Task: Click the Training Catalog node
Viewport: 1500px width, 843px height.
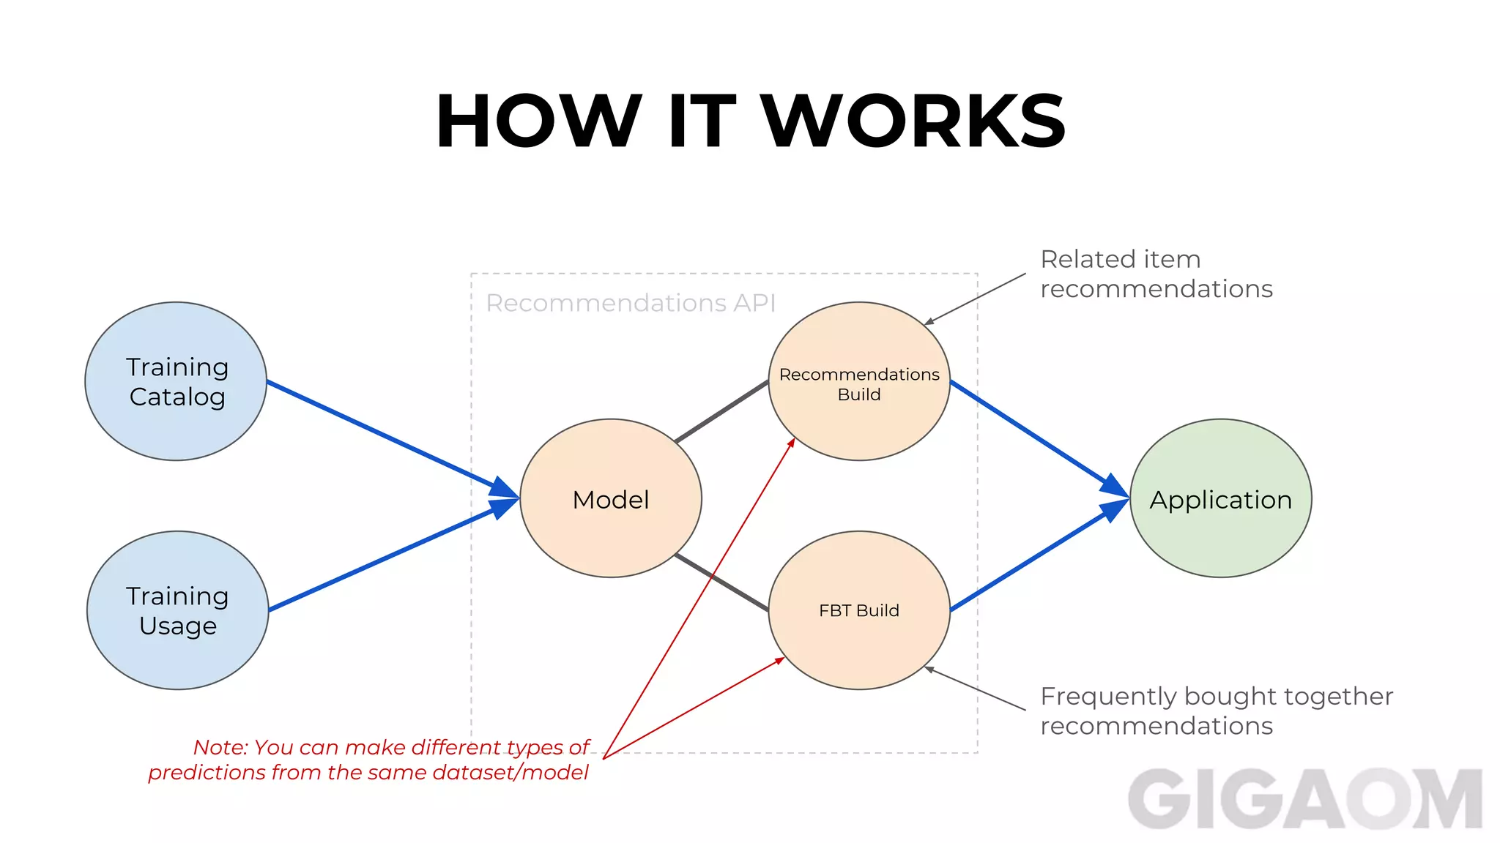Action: coord(176,381)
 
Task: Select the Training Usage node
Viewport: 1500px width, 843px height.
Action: coord(177,610)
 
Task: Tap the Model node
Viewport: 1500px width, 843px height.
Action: coord(611,499)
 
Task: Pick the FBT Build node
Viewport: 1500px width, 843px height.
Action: coord(859,610)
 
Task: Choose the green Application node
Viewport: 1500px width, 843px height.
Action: coord(1220,499)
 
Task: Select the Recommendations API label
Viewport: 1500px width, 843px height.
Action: coord(630,303)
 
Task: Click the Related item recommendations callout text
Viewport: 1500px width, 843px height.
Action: coord(1156,274)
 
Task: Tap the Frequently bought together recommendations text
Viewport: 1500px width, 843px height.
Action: coord(1216,711)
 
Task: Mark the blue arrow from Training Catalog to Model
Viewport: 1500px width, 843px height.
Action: coord(381,433)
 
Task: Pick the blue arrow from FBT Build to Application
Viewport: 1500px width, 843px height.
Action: coord(1033,559)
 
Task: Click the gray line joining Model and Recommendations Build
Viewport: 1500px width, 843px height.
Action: coord(721,412)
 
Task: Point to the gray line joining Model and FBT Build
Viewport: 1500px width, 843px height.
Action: coord(721,582)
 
